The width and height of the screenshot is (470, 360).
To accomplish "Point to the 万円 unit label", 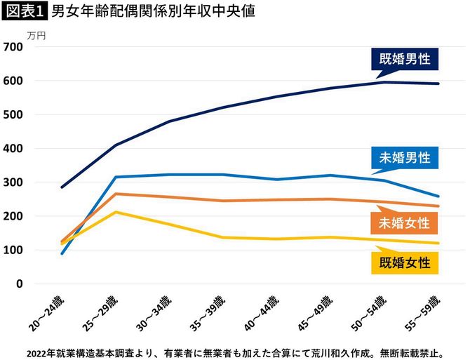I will click(x=36, y=33).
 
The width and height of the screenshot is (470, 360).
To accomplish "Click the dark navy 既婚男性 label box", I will click(x=405, y=59).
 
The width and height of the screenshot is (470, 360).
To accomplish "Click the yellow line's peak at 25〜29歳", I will click(x=115, y=212).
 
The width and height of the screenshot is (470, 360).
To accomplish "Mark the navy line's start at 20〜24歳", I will click(x=62, y=187).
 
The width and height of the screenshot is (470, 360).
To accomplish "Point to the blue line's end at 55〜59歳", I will click(x=438, y=196).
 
